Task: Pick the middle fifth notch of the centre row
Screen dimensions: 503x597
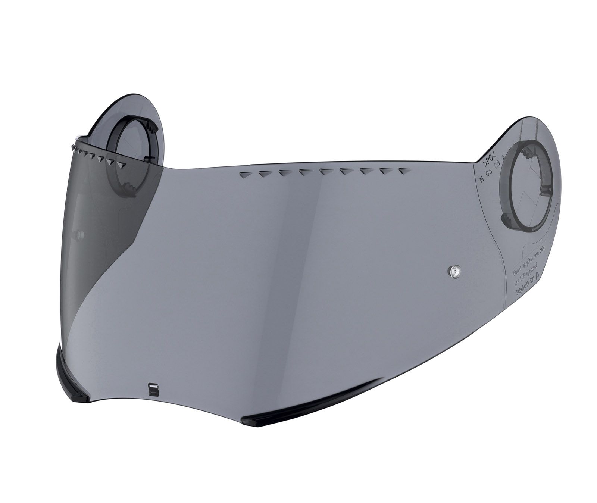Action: click(324, 172)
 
